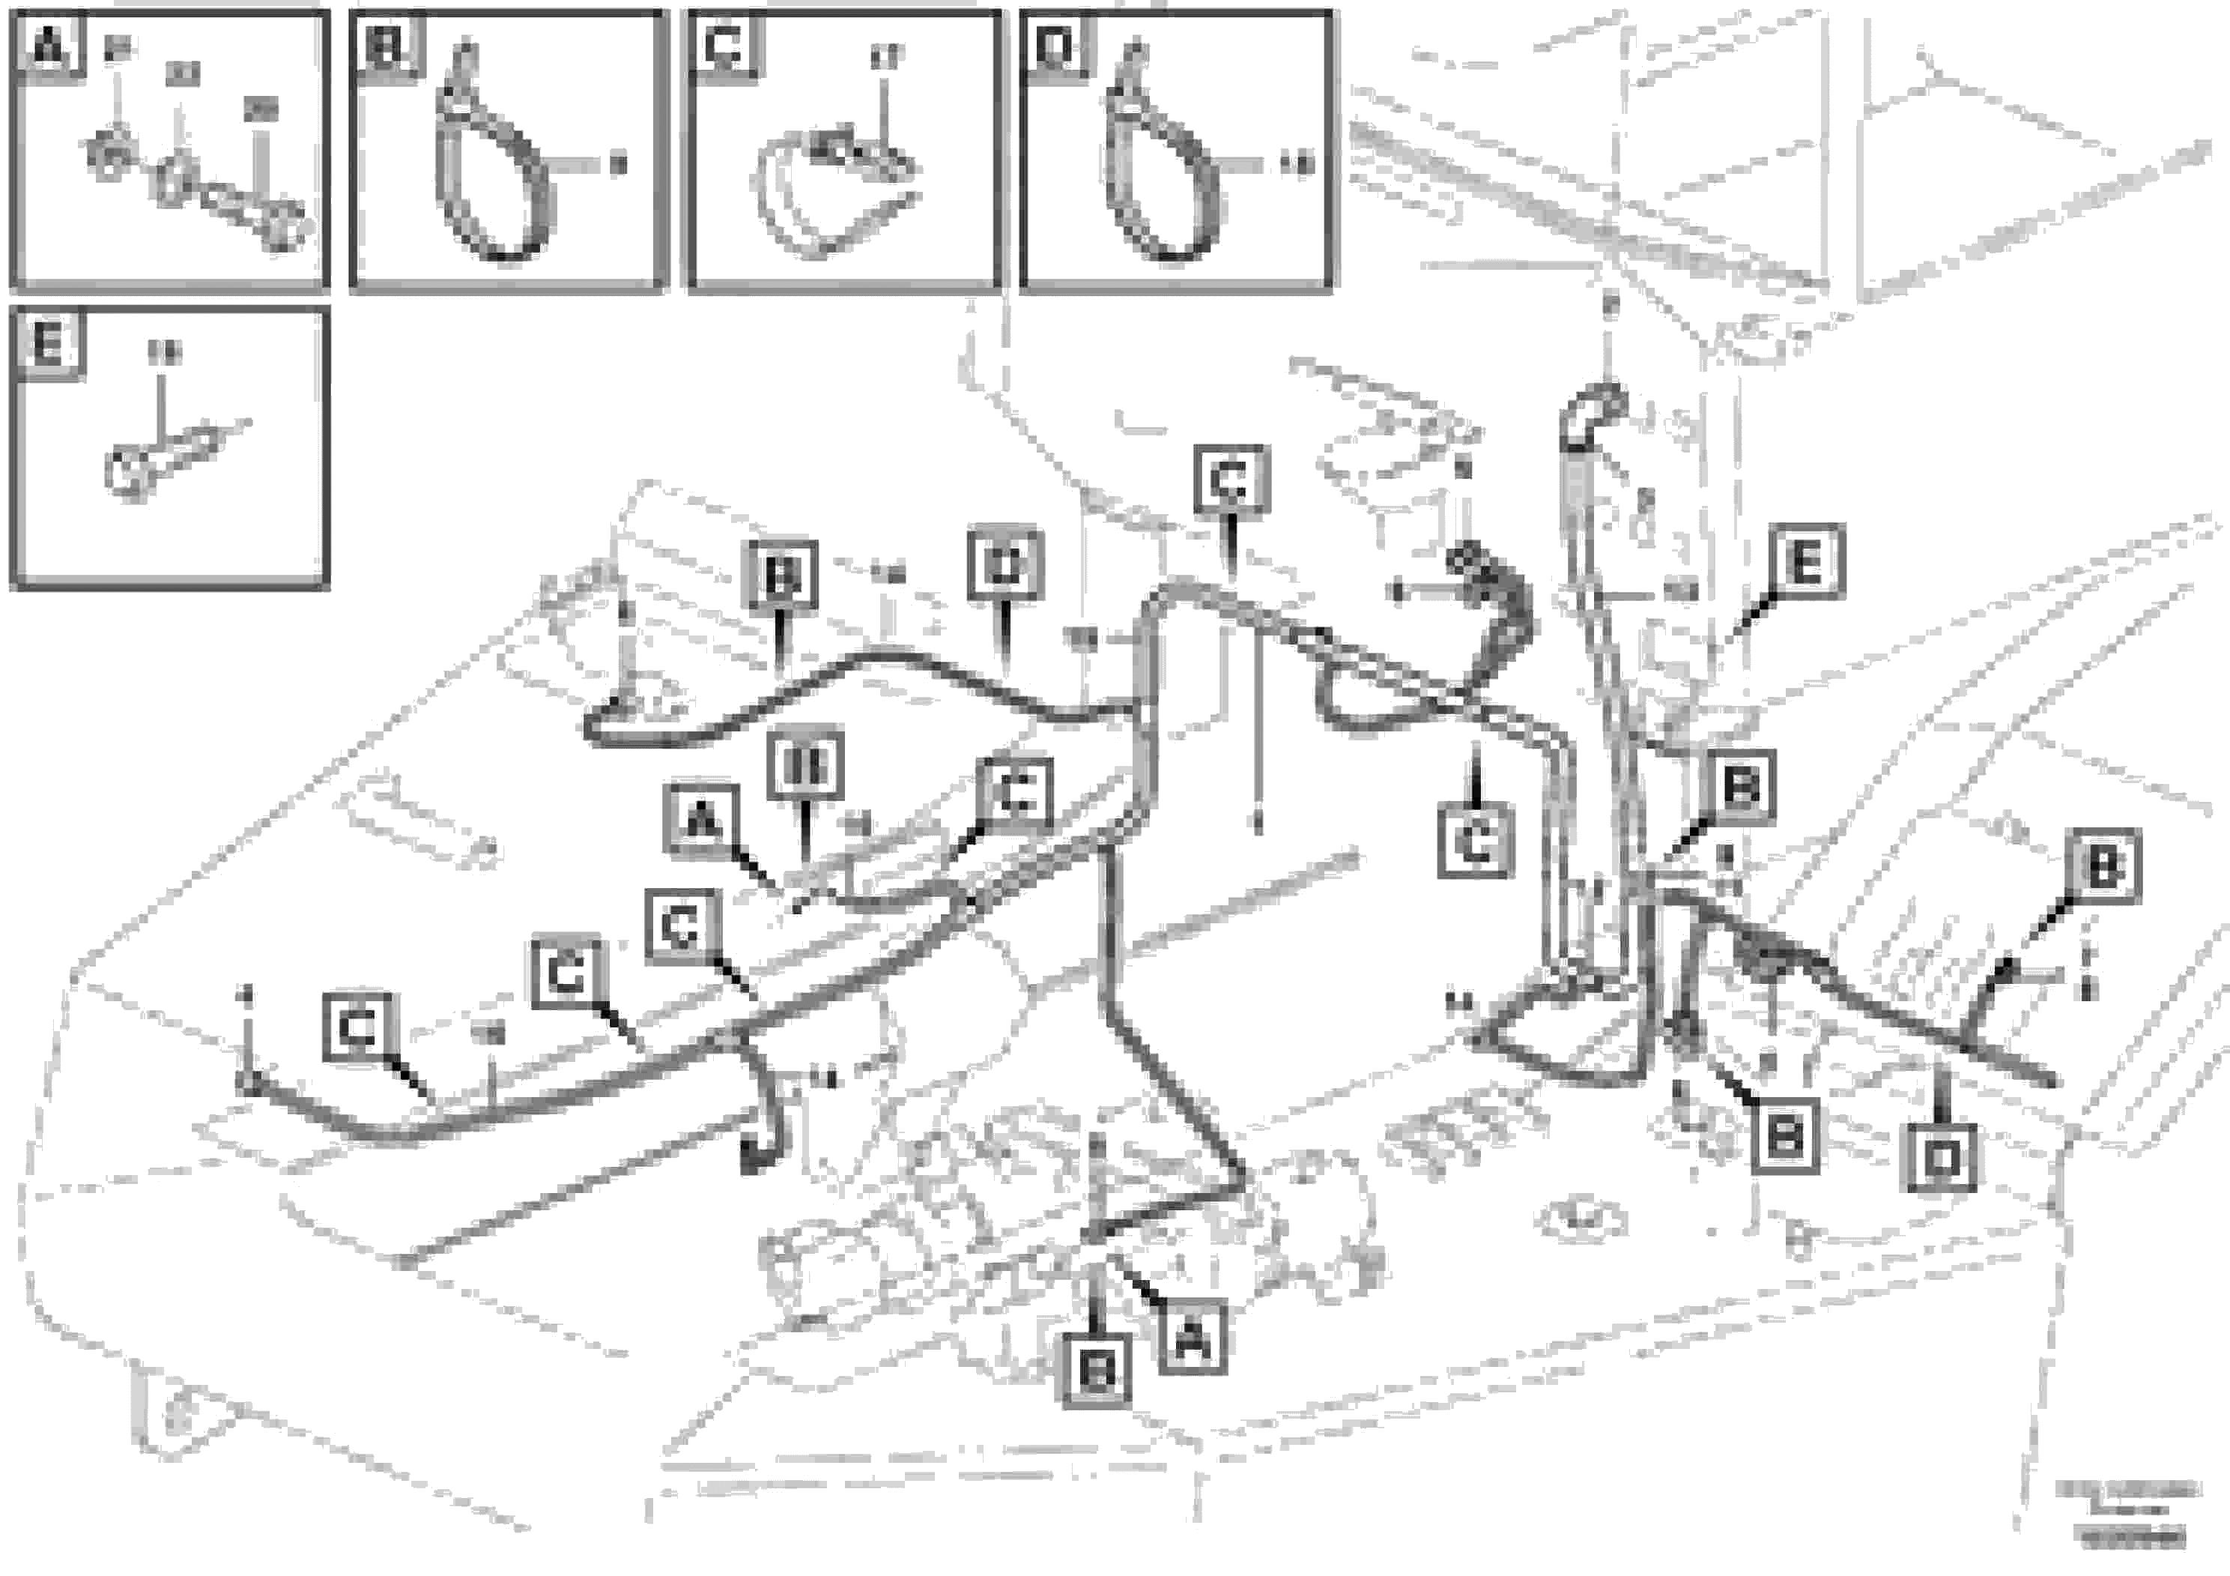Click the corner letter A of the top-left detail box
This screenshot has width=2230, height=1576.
(x=49, y=45)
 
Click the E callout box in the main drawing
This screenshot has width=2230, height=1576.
(x=1805, y=561)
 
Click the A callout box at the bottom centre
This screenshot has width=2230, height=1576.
(x=1193, y=1341)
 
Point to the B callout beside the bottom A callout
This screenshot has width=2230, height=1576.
(x=1097, y=1371)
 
